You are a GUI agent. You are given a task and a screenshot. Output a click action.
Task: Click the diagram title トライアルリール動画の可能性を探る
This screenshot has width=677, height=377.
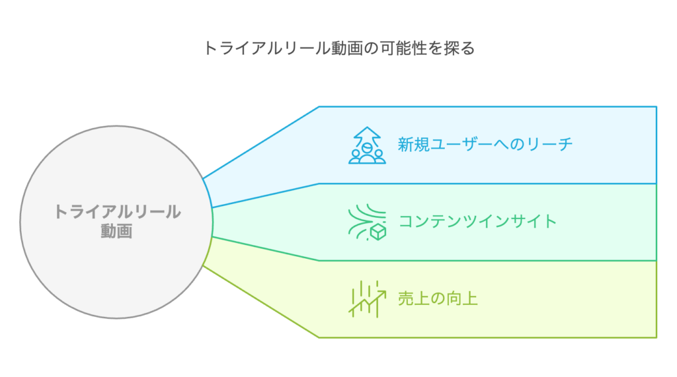tap(339, 48)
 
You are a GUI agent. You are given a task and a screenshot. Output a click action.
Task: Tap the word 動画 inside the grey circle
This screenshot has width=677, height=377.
tap(116, 231)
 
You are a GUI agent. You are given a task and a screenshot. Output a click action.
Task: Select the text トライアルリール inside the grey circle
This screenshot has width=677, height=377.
tap(117, 212)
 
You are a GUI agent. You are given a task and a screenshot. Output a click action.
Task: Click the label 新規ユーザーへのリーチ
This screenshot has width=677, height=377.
tap(485, 144)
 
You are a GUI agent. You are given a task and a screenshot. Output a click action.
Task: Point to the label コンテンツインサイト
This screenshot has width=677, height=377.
tap(477, 221)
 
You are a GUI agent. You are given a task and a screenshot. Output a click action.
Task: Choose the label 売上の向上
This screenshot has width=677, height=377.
tap(438, 298)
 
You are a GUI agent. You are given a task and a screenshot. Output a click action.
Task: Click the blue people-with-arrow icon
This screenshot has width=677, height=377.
tap(367, 145)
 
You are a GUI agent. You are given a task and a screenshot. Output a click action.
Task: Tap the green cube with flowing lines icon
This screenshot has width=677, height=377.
tap(367, 222)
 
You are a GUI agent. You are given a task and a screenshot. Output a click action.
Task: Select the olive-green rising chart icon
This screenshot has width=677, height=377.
tap(367, 299)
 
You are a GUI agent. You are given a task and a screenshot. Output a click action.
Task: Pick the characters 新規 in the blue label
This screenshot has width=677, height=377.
tap(414, 144)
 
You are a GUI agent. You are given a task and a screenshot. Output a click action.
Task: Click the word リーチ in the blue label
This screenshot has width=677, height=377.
tap(549, 144)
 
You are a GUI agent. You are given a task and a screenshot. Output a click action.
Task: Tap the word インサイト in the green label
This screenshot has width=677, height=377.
tap(518, 221)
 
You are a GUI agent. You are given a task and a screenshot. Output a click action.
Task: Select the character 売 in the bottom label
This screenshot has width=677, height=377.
tap(406, 298)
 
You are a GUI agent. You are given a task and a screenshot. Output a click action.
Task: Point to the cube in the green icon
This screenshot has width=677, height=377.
tap(378, 232)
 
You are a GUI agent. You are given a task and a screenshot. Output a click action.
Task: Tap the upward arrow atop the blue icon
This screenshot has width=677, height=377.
tap(367, 135)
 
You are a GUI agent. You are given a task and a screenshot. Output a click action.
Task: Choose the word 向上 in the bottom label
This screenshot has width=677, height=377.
tap(462, 298)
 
